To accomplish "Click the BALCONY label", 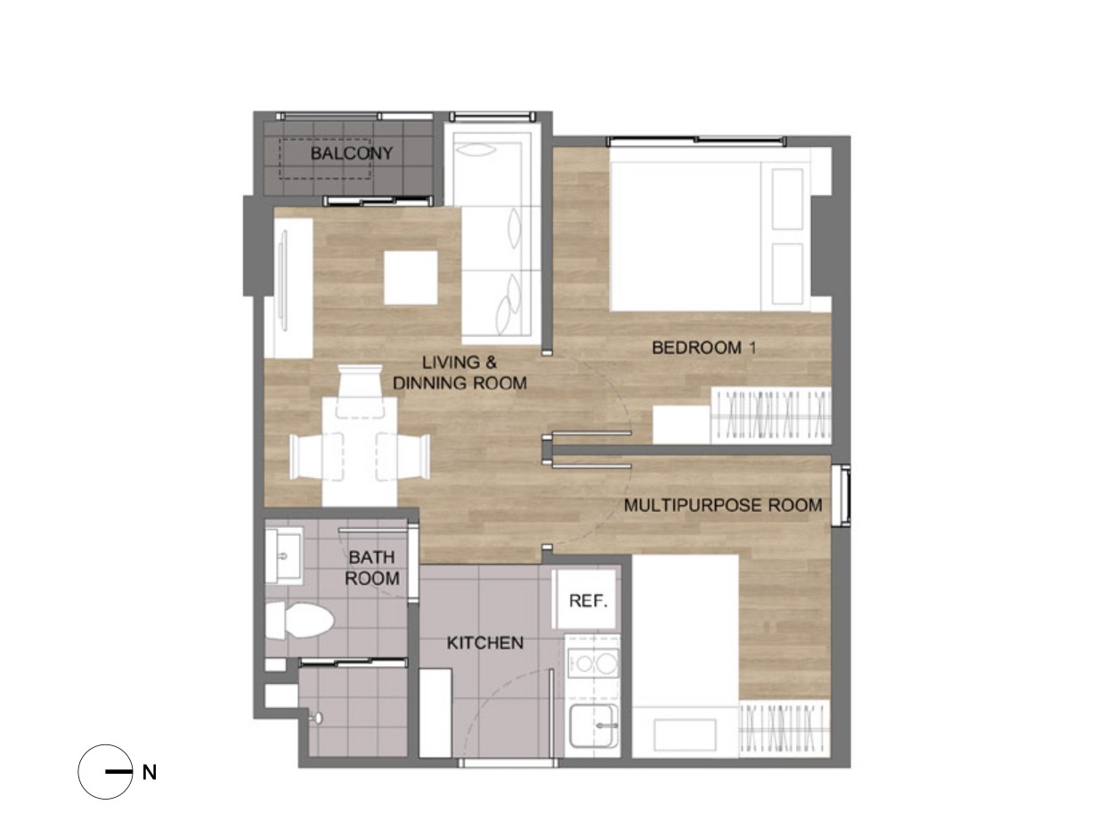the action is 352,153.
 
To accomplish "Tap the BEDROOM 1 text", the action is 703,347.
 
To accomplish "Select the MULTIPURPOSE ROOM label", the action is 723,505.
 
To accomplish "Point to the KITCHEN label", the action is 485,643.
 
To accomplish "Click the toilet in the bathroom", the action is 299,621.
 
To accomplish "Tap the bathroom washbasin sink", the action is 284,556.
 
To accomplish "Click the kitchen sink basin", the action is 594,726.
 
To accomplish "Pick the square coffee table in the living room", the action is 410,278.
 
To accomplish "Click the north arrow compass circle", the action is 105,772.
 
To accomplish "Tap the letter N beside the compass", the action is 149,773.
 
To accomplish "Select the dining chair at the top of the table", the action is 359,391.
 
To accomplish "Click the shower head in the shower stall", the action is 317,718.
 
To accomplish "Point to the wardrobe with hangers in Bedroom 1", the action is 770,416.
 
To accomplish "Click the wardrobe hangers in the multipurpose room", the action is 784,728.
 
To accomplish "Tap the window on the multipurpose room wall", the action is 841,496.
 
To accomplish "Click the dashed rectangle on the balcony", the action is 325,158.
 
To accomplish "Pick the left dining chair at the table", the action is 317,457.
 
